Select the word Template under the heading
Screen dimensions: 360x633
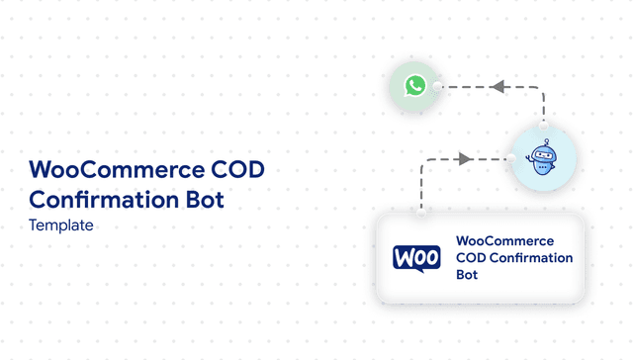tap(61, 225)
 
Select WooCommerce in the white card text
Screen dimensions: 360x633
tap(504, 241)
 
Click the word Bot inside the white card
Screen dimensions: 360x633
tap(467, 275)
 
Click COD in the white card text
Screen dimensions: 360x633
tap(471, 258)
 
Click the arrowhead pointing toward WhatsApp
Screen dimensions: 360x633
tap(498, 87)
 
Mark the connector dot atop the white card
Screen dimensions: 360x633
tap(422, 211)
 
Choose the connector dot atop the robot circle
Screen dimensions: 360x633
tap(543, 127)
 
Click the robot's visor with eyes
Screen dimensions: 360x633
tap(542, 153)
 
